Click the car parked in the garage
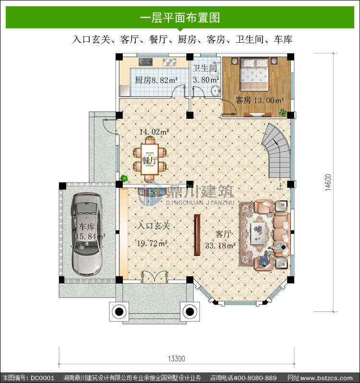86,235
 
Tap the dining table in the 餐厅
150,159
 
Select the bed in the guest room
254,74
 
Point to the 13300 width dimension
176,359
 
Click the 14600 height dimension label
328,182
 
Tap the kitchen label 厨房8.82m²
156,80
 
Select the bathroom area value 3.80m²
206,80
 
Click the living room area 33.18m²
220,246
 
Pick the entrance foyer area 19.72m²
152,243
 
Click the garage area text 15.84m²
90,236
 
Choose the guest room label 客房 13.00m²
260,100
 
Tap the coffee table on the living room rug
258,233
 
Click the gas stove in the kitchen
145,62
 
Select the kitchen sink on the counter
169,62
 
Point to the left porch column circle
119,311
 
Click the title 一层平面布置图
180,18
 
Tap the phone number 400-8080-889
255,378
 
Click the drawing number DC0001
42,378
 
